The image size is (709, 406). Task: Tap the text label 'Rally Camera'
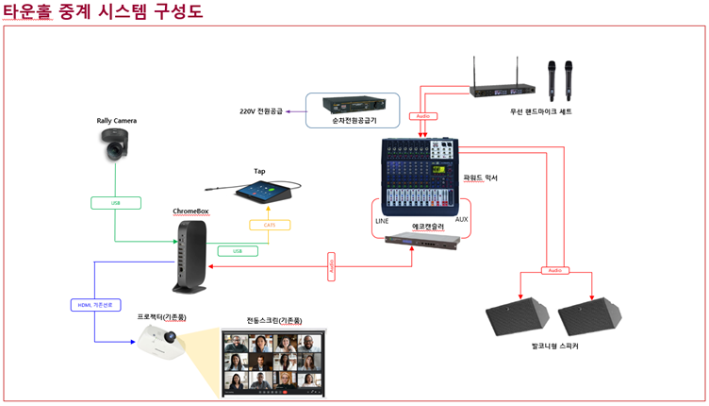[117, 121]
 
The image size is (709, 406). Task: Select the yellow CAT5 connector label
[269, 225]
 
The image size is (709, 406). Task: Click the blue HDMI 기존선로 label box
[96, 305]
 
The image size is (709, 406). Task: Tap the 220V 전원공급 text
[260, 111]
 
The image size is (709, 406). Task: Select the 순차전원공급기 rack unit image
[353, 104]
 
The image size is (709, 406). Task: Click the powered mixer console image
[419, 174]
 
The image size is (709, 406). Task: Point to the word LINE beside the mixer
[382, 220]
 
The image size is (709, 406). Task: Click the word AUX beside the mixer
[461, 219]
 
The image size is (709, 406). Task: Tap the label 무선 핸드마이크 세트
[540, 111]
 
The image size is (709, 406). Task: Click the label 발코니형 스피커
[554, 347]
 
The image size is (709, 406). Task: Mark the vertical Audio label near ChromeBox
[332, 266]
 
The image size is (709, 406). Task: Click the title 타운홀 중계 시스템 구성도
[104, 11]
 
